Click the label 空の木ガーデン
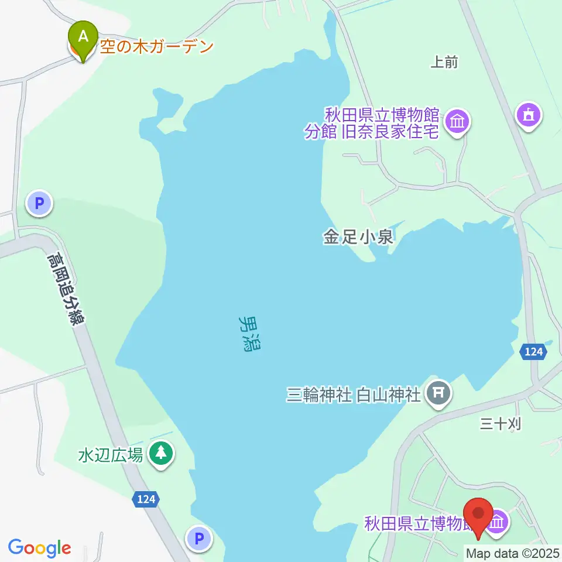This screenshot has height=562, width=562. coord(156,47)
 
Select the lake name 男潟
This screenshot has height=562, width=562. coord(251,333)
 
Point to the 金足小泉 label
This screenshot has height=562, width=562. coord(358,238)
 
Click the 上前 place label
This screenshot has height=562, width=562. coord(444,62)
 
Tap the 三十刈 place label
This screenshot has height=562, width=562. coord(500,423)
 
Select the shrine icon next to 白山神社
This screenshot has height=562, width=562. coord(438,394)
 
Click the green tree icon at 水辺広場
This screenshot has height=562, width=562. coord(160,453)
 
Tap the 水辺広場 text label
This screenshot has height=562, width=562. coord(111,455)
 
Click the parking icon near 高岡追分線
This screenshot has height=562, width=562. coord(39,204)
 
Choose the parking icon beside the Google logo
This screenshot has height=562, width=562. coord(199,537)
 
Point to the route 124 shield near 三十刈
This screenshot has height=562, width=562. coord(533,352)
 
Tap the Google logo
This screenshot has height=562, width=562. coord(39,548)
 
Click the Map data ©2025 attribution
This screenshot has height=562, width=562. coord(513,553)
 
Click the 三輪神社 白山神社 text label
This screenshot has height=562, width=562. coord(354,396)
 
